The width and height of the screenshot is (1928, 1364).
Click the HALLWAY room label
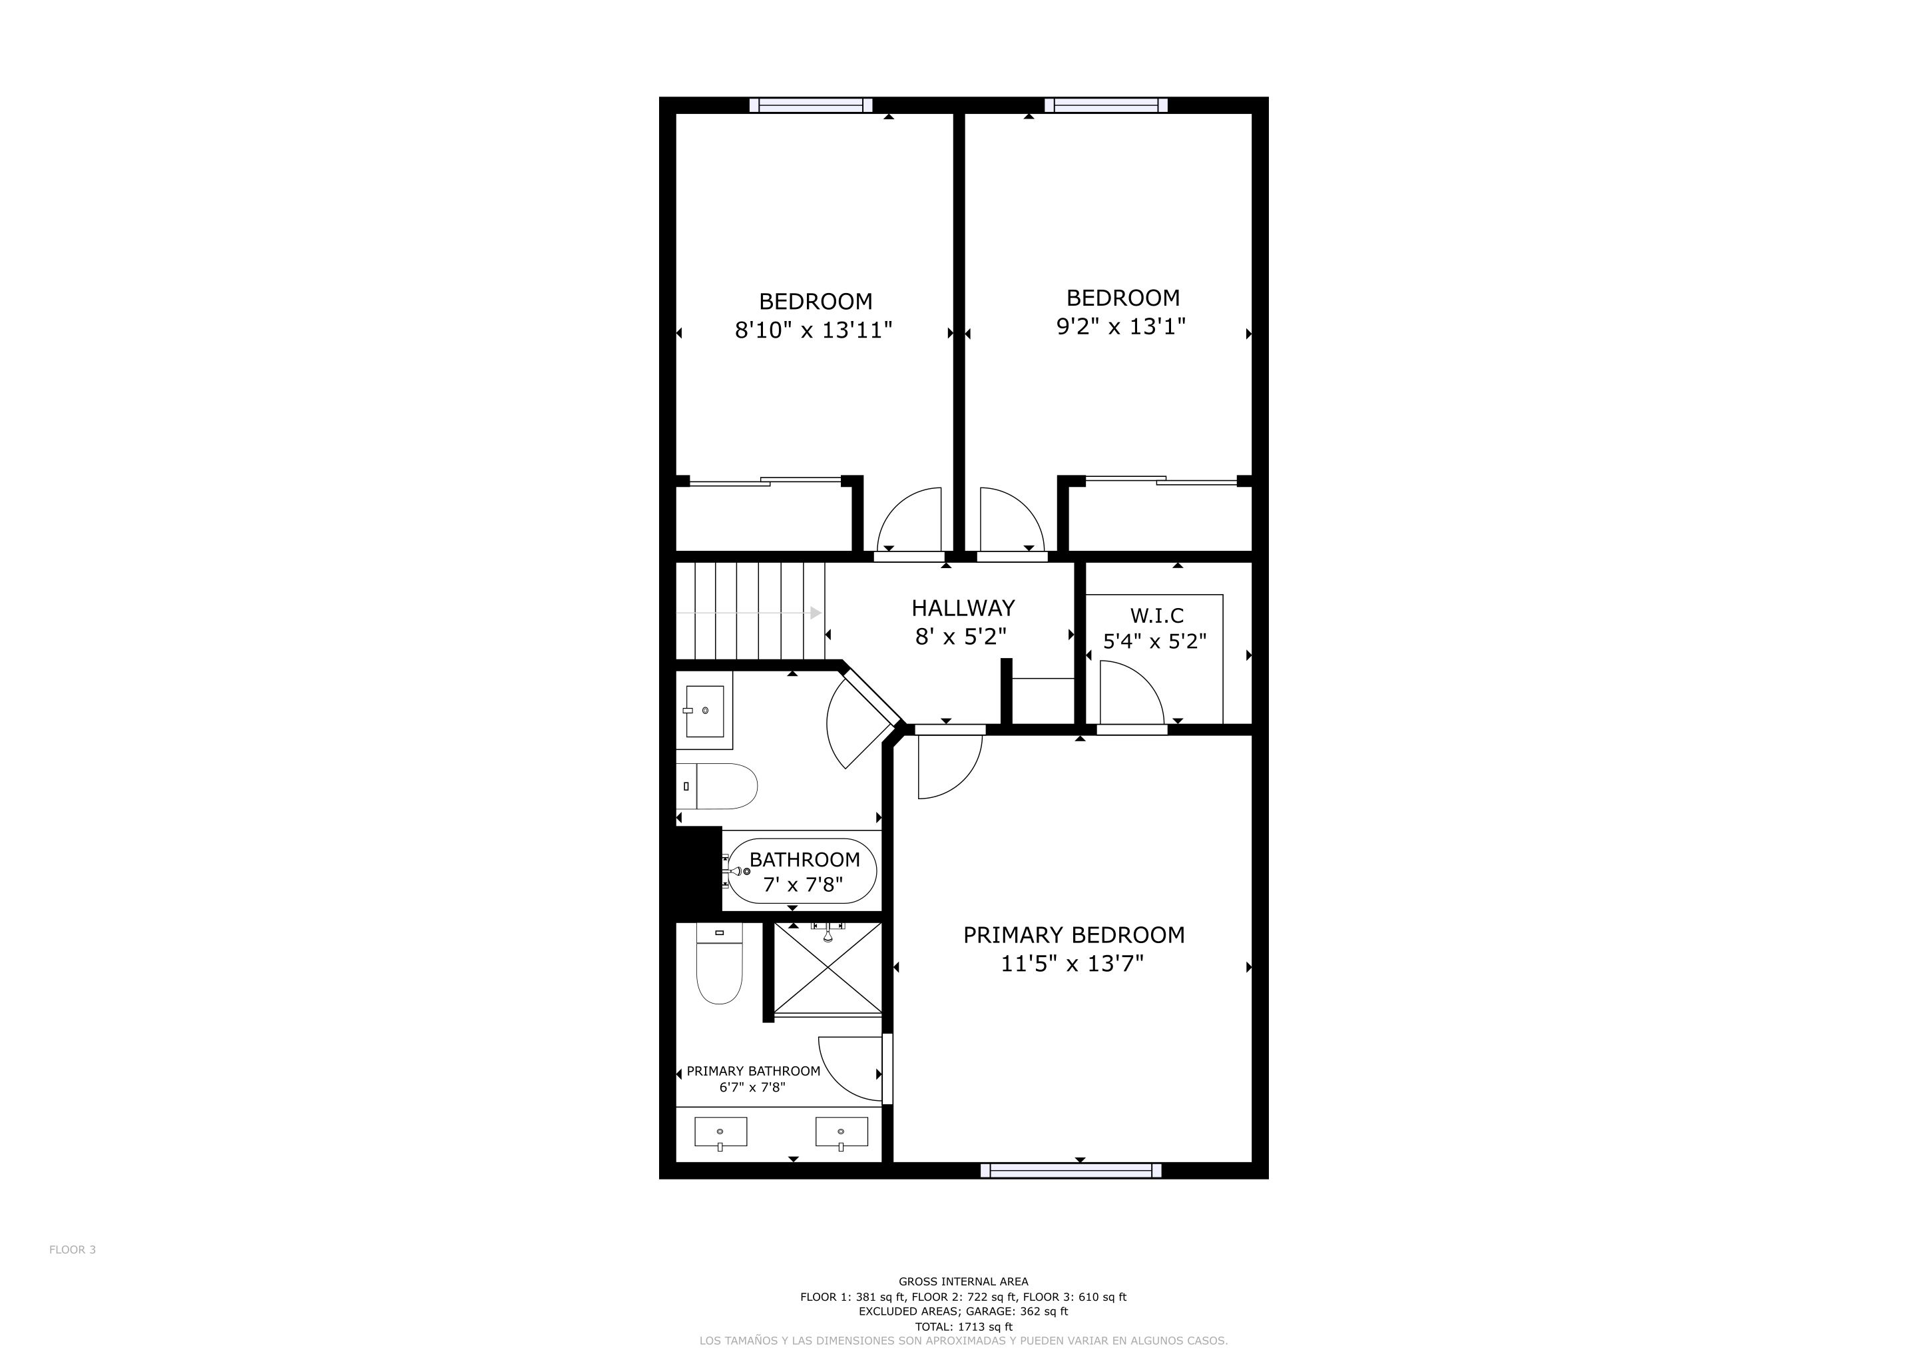[x=963, y=608]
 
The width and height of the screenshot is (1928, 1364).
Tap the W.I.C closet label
[x=1156, y=615]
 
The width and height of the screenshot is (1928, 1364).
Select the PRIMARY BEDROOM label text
[x=1073, y=935]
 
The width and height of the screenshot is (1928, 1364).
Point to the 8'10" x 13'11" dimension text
[x=813, y=330]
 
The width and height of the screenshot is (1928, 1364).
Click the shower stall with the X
[x=827, y=968]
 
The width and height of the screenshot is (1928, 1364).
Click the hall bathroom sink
[x=704, y=711]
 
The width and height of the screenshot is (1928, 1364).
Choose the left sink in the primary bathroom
[x=720, y=1132]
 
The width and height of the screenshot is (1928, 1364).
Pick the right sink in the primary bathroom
[x=842, y=1132]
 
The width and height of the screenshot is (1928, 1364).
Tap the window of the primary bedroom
[x=1071, y=1171]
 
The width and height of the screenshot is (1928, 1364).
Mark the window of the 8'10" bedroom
[x=810, y=105]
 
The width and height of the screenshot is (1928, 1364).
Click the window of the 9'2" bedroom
[x=1106, y=105]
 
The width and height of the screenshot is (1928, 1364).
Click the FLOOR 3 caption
[x=72, y=1249]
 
